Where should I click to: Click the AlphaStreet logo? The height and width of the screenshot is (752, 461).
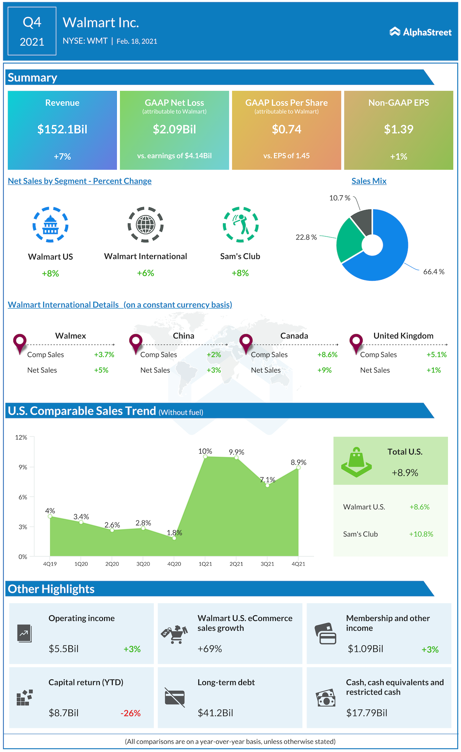point(420,32)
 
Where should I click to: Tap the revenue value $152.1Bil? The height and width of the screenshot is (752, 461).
point(62,129)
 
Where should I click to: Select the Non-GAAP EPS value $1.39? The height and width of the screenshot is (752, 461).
point(398,129)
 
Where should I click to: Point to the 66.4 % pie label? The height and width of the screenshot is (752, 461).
point(434,272)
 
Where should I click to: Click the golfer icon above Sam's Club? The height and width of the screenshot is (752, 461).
point(241,225)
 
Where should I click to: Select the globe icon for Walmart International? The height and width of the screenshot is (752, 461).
point(146,225)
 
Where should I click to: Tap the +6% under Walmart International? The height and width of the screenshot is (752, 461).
point(146,273)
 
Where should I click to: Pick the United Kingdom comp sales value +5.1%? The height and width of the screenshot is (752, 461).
point(437,355)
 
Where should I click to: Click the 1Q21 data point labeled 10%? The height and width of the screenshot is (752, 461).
point(205,456)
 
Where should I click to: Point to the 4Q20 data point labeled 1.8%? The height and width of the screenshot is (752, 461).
point(174,538)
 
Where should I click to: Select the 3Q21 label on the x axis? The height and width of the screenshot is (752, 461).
point(267,564)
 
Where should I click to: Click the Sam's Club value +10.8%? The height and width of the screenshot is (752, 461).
point(421,534)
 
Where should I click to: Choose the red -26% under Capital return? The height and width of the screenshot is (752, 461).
point(130,713)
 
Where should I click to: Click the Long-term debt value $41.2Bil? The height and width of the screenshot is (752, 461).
point(215,713)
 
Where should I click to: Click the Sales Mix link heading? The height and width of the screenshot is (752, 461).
point(369,181)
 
